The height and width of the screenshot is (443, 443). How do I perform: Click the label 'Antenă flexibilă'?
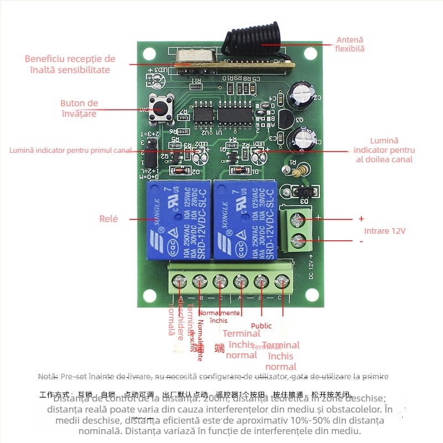pos(349,44)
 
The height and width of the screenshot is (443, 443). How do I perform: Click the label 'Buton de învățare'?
pos(79,109)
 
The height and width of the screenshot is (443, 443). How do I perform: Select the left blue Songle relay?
pos(178,220)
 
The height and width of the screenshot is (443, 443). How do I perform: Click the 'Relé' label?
pos(109,219)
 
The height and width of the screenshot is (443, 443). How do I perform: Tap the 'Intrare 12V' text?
pos(384,231)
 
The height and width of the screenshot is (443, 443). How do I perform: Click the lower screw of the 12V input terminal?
pos(299,241)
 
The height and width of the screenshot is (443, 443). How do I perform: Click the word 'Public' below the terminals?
pos(261,326)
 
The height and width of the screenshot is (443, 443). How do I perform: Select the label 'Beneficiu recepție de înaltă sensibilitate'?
pos(70,64)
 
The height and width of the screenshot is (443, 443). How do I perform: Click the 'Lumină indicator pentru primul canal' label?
pos(70,150)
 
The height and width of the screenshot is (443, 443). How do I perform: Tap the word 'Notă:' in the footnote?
pos(48,377)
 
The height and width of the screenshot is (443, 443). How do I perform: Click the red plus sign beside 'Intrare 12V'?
pos(361,219)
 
